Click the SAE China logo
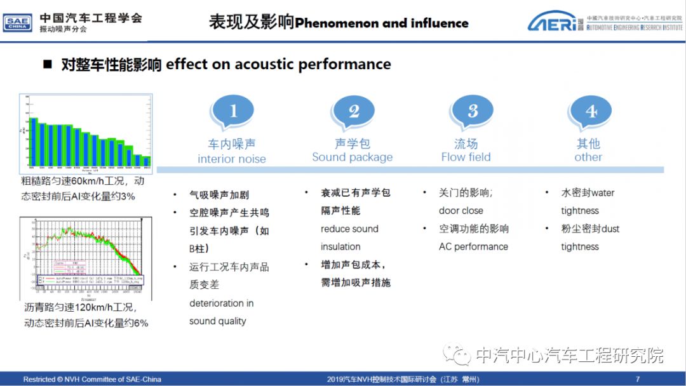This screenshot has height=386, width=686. (17, 23)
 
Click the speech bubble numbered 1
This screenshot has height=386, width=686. (232, 112)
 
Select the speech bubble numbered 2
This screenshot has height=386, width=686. (353, 112)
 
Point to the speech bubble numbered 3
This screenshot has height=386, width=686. (472, 112)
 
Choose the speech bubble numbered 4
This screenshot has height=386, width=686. (590, 112)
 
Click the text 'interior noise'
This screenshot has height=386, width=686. (231, 159)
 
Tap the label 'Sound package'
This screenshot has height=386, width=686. (352, 157)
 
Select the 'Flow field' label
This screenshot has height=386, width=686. (466, 157)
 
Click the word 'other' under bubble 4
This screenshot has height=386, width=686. (588, 157)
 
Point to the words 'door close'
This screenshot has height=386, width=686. (461, 211)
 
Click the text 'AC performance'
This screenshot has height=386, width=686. (473, 246)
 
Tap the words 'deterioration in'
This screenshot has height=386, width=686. (221, 303)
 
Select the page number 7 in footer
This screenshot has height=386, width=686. (637, 379)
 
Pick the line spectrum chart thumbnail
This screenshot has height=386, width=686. (85, 258)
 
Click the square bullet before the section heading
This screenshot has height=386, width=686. (47, 65)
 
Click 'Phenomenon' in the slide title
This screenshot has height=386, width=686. (337, 23)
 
